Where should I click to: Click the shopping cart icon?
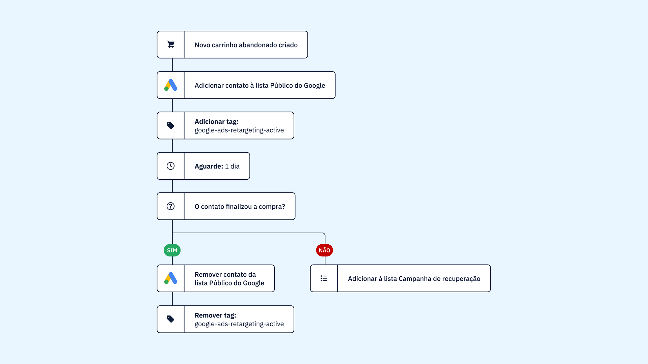coord(171,44)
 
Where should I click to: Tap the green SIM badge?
coord(172,250)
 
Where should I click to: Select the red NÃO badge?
coord(324,250)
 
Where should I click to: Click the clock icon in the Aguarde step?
coord(171,166)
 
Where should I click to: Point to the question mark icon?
coord(171,206)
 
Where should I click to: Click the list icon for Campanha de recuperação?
coord(324,278)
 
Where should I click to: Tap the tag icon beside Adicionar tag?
coord(171,125)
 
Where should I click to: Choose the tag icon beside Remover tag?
coord(171,319)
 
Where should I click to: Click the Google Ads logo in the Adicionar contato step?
coord(171,85)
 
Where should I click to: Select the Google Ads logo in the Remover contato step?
coord(171,278)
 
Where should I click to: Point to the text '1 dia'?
coord(232,166)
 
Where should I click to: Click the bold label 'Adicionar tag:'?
coord(216,122)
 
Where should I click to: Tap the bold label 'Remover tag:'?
coord(215,315)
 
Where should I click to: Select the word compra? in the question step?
coord(272,207)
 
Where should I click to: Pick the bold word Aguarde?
coord(209,166)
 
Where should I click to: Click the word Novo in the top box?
coord(202,45)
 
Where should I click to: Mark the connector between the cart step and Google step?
coord(172,65)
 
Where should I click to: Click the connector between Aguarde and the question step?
coord(172,186)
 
